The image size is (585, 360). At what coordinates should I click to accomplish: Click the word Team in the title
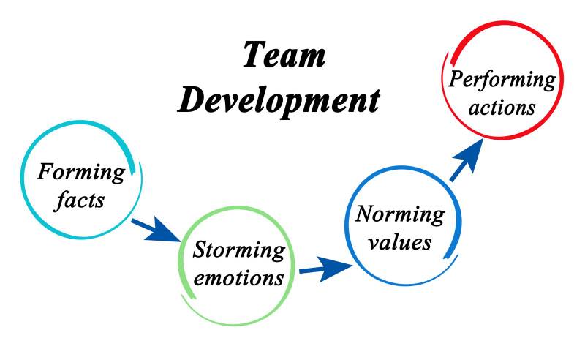284,56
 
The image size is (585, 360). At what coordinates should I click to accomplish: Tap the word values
399,241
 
